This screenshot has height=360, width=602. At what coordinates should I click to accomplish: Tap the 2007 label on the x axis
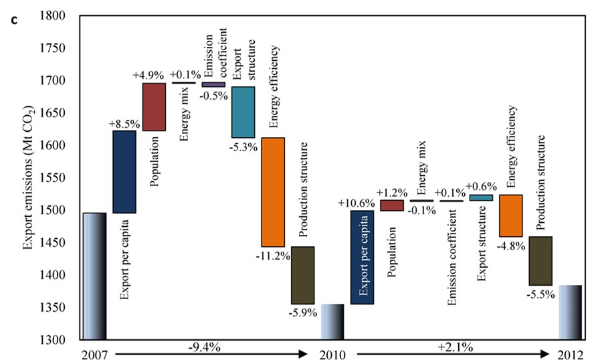point(94,352)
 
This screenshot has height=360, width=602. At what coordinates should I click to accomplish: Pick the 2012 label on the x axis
point(570,352)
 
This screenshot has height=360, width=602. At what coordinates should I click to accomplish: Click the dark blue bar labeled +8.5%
point(124,171)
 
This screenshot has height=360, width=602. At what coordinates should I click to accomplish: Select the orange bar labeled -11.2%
point(273,192)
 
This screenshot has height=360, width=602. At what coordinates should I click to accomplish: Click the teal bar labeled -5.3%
point(243,112)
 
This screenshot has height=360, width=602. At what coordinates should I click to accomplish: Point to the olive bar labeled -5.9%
point(302,275)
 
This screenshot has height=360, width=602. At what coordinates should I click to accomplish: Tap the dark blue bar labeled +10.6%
point(362,257)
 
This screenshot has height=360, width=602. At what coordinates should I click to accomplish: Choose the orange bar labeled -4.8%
point(511,215)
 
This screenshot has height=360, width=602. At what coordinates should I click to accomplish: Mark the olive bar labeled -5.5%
point(540,260)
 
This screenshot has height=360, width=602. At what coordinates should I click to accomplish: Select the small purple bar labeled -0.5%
point(213,84)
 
